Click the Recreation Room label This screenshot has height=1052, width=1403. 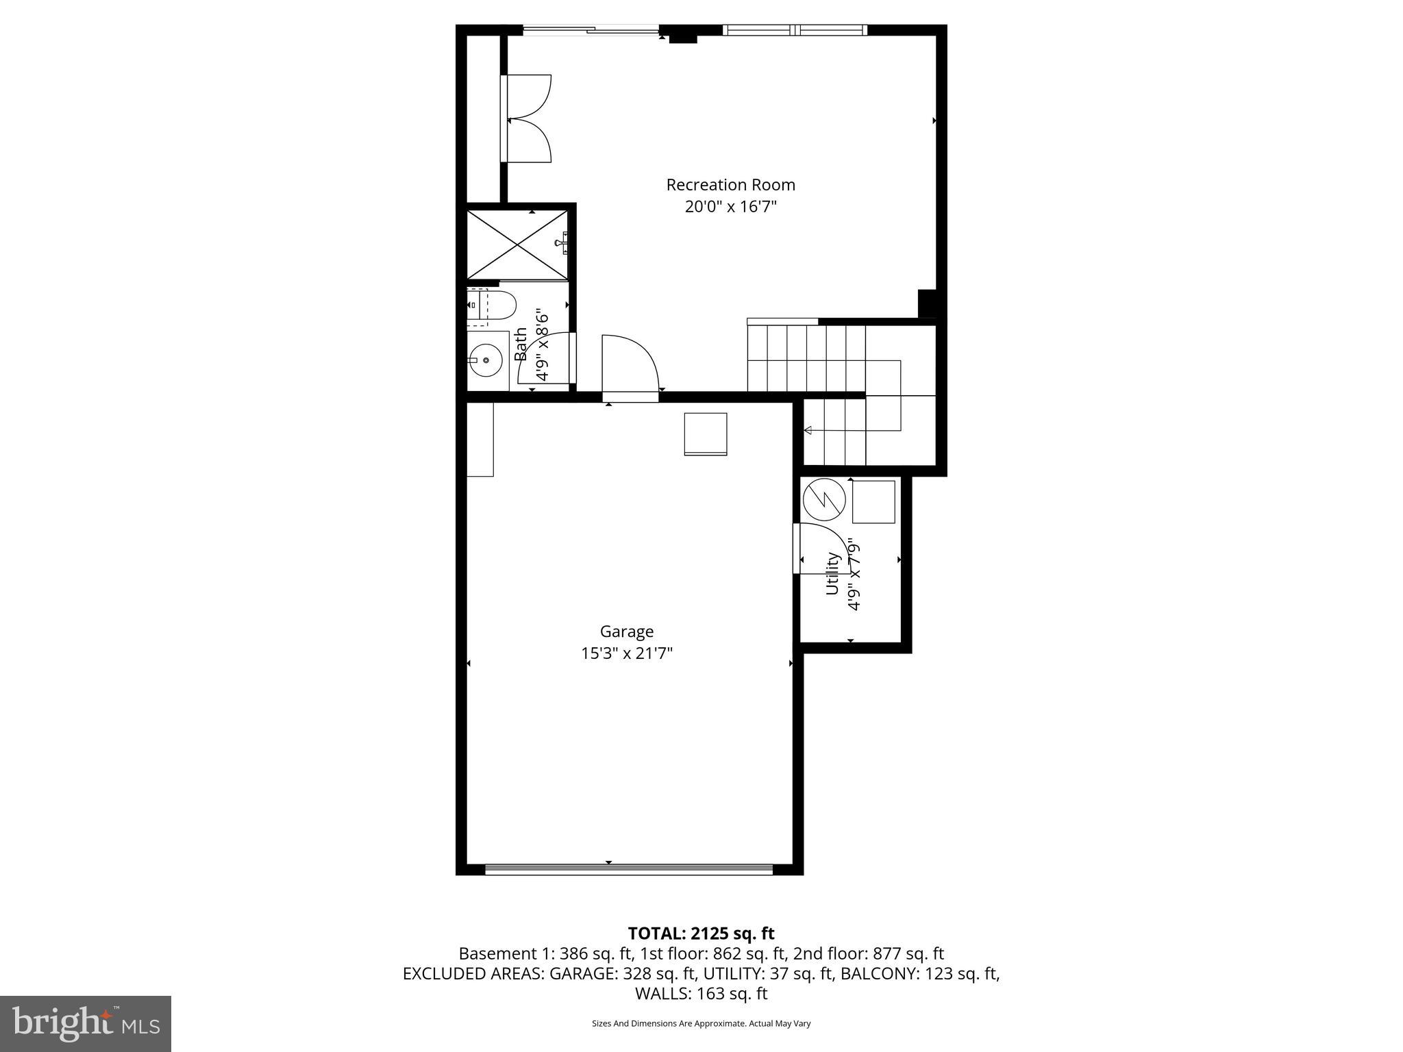point(730,185)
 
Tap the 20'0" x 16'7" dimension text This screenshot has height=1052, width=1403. point(730,207)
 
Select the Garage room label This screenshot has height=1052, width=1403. point(627,631)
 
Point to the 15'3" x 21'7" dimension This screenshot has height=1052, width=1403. point(627,653)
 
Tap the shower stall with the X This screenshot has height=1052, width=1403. point(517,245)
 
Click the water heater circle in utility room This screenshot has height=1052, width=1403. point(824,499)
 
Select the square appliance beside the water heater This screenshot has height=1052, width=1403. point(873,502)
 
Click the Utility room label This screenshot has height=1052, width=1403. point(832,574)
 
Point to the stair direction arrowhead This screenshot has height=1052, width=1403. point(808,430)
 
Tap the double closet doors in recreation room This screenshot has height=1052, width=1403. point(527,118)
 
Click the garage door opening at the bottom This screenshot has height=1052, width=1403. point(629,870)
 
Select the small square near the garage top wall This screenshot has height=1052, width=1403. point(705,434)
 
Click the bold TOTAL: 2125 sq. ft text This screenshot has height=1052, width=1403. point(701,934)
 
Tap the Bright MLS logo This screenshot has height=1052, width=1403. point(86,1024)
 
